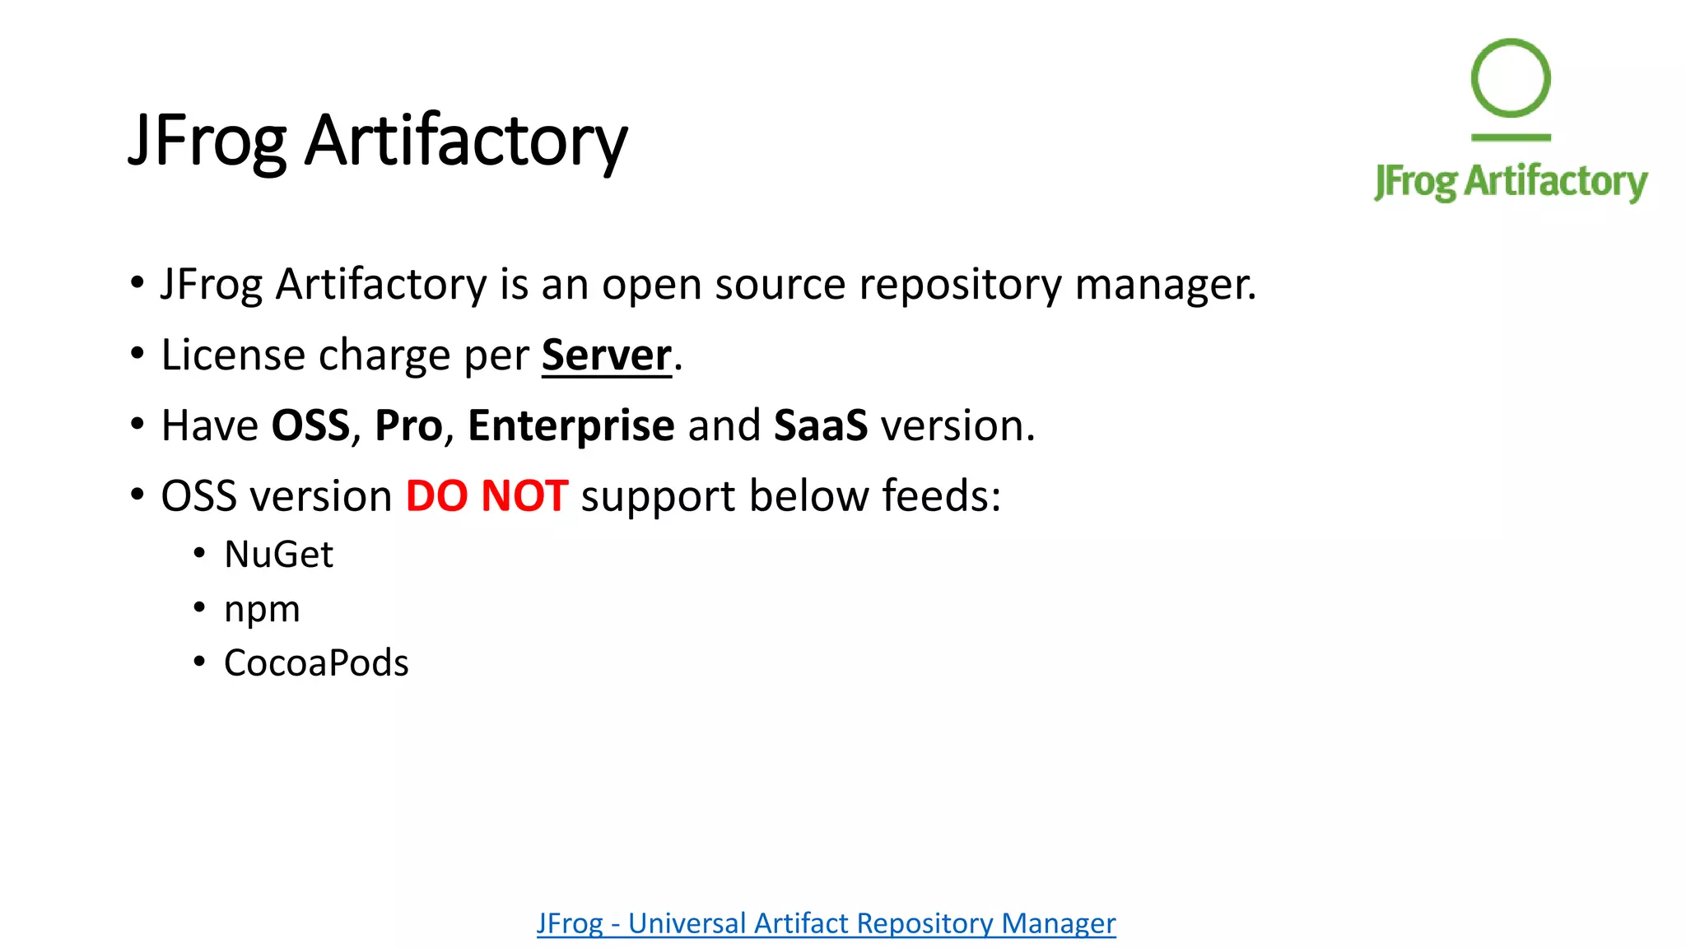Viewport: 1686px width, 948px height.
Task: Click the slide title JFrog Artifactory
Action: tap(377, 140)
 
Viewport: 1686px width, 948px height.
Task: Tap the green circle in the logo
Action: tap(1511, 78)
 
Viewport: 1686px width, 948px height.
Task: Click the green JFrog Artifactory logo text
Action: tap(1511, 181)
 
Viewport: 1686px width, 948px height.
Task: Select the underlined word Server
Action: tap(606, 355)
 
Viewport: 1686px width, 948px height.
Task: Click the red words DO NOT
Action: tap(487, 496)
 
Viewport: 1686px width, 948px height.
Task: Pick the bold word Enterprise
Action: tap(571, 425)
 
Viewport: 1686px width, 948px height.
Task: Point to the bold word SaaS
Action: tap(820, 425)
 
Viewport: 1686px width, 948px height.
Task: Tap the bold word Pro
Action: tap(408, 425)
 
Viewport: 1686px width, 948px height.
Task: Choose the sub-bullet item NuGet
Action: tap(278, 554)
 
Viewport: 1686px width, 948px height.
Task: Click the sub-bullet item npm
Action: tap(262, 610)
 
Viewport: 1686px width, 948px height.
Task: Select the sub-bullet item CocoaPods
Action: tap(316, 663)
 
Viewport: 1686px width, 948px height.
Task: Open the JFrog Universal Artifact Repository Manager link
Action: tap(826, 923)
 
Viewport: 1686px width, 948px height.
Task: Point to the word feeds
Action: tap(940, 496)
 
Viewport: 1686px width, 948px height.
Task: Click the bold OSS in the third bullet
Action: tap(310, 425)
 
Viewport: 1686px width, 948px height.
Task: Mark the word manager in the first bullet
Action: tap(1164, 285)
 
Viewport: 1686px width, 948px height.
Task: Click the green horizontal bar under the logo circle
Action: tap(1511, 137)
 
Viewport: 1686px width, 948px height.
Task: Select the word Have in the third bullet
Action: tap(209, 425)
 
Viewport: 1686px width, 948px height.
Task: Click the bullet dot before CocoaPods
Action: tap(199, 662)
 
